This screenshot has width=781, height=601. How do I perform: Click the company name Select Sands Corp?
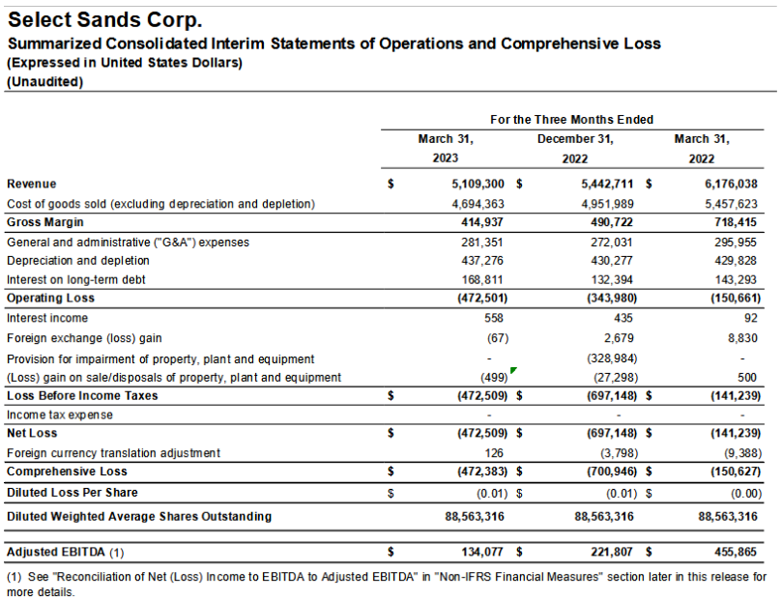105,19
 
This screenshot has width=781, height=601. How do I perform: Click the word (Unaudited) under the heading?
45,82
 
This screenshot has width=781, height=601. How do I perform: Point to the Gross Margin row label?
45,222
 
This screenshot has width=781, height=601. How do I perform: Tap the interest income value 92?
749,318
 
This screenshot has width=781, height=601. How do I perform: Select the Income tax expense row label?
59,415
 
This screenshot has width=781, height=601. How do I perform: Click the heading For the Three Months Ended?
571,120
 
